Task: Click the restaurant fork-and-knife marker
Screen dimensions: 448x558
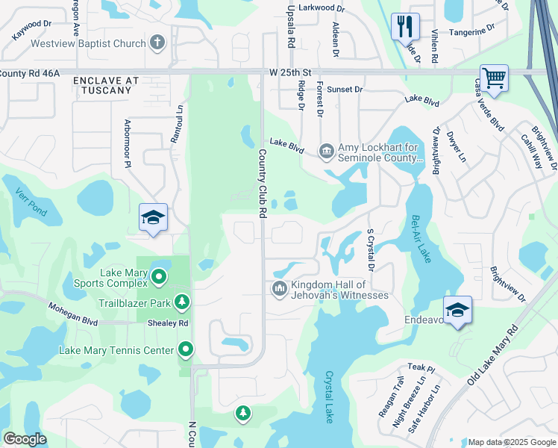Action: click(x=404, y=27)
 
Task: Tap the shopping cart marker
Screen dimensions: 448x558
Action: click(x=494, y=77)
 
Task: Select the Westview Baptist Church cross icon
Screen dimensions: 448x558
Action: click(x=157, y=43)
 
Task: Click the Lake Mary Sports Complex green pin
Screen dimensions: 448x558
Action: click(x=158, y=278)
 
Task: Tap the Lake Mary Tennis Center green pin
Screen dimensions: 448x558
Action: click(x=186, y=349)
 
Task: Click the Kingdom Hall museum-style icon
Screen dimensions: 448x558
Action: click(x=279, y=288)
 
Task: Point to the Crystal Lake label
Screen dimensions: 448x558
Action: click(x=329, y=396)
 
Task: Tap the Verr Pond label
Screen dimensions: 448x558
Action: click(x=31, y=202)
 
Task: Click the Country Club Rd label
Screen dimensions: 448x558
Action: click(x=263, y=184)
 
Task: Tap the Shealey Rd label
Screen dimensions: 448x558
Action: click(x=168, y=323)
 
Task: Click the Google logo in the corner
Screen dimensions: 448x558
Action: click(x=25, y=439)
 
